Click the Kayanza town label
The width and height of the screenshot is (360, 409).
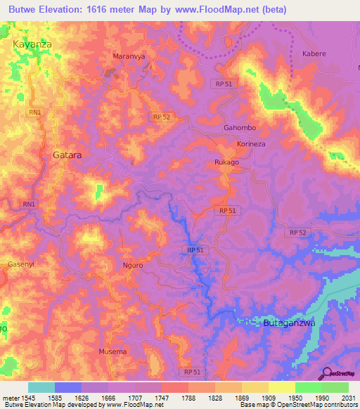(x=33, y=44)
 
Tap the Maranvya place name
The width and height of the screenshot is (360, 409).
(x=129, y=56)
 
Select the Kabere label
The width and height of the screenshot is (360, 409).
(x=314, y=53)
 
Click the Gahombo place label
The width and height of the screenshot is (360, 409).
(x=238, y=128)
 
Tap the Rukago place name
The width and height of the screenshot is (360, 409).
(x=226, y=162)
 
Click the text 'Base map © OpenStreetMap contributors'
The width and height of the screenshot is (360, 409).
(x=299, y=405)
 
